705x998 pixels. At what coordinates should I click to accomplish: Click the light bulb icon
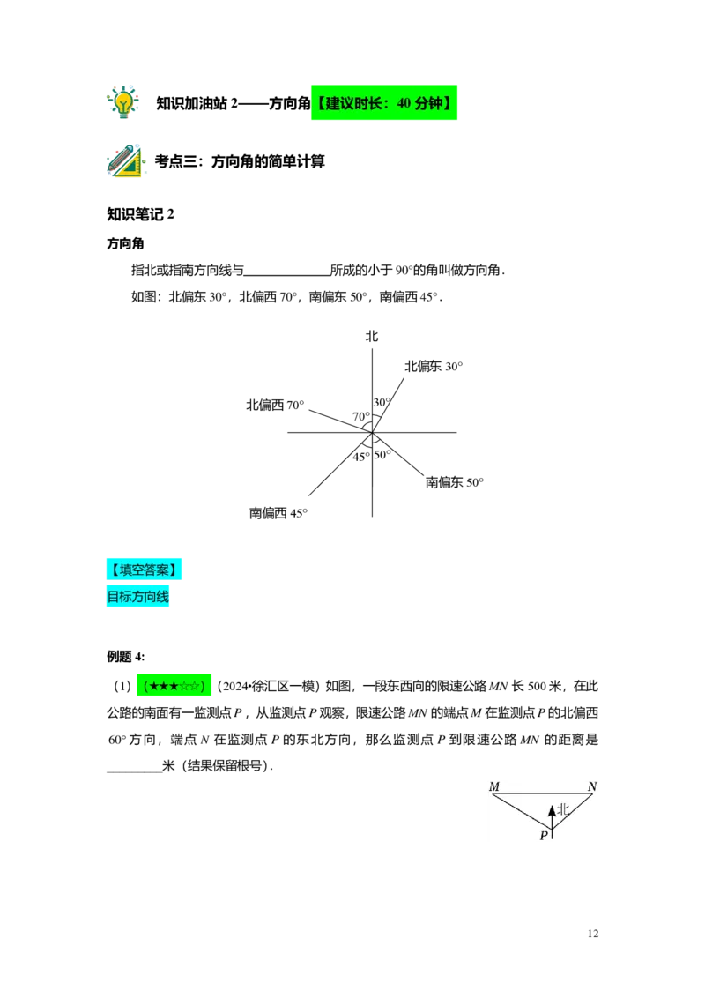coord(122,102)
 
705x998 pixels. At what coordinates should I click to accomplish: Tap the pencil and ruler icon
coord(125,160)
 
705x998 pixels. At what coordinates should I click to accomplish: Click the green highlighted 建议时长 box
coord(384,102)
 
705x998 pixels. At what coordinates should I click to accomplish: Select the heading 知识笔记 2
coord(141,214)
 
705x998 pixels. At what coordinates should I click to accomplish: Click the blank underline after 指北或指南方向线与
coord(287,272)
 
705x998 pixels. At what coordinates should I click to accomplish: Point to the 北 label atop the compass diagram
coord(372,336)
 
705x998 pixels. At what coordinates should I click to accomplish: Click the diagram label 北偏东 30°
coord(434,366)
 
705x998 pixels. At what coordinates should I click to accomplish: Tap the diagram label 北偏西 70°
coord(276,405)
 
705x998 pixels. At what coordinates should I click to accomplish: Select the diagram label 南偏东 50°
coord(455,482)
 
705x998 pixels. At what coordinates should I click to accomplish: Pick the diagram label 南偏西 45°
coord(278,513)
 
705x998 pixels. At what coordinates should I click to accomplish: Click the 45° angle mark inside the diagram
coord(360,457)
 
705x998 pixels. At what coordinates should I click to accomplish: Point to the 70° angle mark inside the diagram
coord(360,417)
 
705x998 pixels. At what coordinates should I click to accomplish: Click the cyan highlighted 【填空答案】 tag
coord(144,570)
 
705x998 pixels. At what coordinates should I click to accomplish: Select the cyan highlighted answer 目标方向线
coord(138,597)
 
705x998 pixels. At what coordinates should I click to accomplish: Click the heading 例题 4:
coord(126,657)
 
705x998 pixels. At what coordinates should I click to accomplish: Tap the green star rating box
coord(174,686)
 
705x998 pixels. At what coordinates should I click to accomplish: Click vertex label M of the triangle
coord(494,786)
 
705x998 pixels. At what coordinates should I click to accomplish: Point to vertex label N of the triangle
coord(592,786)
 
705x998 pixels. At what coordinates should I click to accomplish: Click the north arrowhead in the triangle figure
coord(553,811)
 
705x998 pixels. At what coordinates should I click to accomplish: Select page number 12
coord(593,934)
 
